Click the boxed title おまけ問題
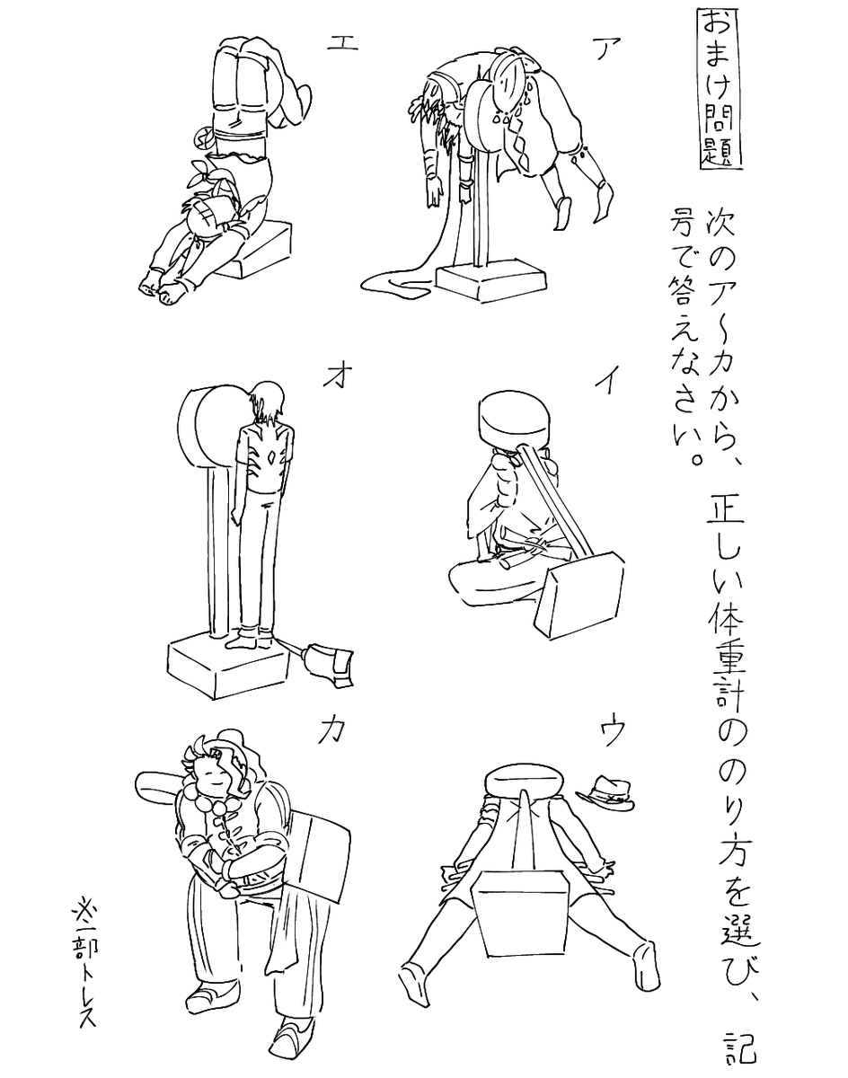click(720, 90)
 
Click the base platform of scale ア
click(490, 284)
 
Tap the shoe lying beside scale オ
click(329, 663)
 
